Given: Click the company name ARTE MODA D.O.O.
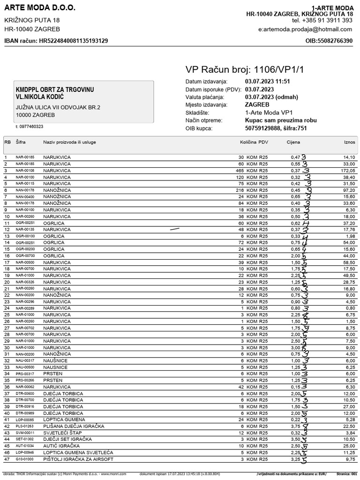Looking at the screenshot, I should click(x=39, y=8).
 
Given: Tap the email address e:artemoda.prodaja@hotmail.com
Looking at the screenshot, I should click(x=305, y=29).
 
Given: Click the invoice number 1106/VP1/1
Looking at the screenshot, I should click(x=279, y=70).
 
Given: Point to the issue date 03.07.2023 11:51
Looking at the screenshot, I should click(x=268, y=82).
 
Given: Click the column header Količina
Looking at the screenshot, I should click(x=248, y=142).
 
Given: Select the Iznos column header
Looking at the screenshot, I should click(x=349, y=142).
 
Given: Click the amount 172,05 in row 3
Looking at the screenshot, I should click(x=348, y=171).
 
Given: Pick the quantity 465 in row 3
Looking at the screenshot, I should click(x=240, y=171).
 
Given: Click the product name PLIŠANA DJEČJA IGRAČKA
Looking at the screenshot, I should click(x=74, y=427).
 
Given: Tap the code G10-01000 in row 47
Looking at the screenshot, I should click(x=25, y=459).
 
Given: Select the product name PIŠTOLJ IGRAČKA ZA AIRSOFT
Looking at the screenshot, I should click(x=78, y=459).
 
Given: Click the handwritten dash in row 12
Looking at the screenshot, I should click(x=174, y=229).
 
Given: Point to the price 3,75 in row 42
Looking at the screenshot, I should click(x=295, y=427).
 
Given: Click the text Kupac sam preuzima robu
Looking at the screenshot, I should click(x=281, y=120).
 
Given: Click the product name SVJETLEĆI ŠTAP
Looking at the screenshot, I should click(x=62, y=433).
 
